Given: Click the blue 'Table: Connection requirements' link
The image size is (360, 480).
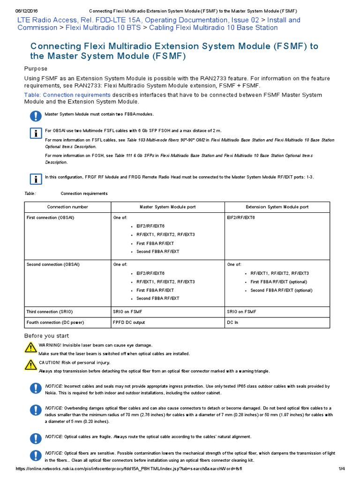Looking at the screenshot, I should (67, 95).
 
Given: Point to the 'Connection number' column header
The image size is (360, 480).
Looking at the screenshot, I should (67, 207).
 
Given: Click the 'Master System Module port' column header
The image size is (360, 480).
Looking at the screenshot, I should (168, 207).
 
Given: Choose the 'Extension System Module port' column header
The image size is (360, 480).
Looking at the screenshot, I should (277, 207).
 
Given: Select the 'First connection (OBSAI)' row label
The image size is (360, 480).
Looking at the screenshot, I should (50, 217).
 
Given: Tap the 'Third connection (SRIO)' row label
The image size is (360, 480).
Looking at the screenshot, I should (50, 312).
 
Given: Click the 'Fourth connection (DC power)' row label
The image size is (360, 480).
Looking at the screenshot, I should (53, 322).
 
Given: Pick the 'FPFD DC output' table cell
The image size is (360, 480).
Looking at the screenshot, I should (129, 322).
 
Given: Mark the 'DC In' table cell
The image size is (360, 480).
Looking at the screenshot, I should (232, 322).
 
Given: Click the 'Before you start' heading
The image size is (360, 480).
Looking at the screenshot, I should (46, 336).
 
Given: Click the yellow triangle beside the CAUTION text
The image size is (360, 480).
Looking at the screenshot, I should (30, 365).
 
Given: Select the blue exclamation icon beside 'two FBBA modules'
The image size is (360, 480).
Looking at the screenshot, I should (36, 116).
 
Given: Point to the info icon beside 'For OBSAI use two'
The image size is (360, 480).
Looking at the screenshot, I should (36, 133).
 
